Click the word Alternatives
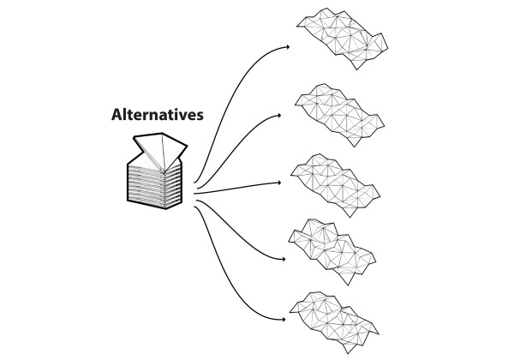coord(158,114)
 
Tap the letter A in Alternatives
coord(117,114)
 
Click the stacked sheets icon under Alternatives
coord(158,171)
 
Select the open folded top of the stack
coord(161,152)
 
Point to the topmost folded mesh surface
coord(343,39)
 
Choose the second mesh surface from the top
coord(339,115)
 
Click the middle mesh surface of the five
coord(336,185)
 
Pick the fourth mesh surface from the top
coord(332,251)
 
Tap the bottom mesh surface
coord(334,322)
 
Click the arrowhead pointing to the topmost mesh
coord(288,47)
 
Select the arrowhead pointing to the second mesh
coord(279,116)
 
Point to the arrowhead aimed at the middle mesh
coord(279,183)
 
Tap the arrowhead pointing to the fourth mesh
coord(284,260)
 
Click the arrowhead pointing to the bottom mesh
coord(284,320)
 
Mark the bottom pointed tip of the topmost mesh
coord(357,69)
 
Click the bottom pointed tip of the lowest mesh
coord(348,353)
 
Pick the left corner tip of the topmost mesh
coord(297,26)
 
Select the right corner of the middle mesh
coord(380,197)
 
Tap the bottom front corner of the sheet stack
coord(166,209)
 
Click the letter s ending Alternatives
coord(200,116)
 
